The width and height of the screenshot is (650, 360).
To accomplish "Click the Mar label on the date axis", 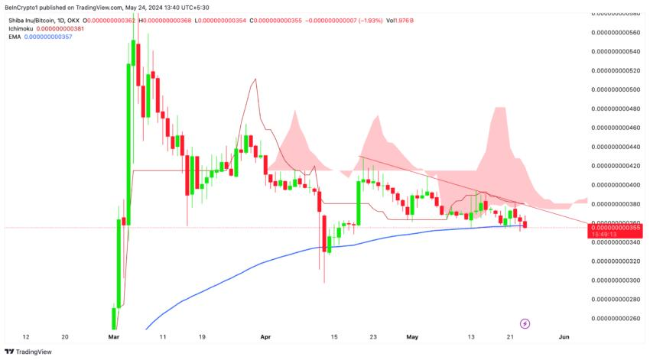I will pos(114,336).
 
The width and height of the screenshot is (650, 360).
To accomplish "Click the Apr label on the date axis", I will pos(265,336).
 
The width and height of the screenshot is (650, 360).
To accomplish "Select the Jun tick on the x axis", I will pos(564,336).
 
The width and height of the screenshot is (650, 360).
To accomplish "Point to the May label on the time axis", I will pos(413,336).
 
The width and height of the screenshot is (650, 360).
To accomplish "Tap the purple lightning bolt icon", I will pos(525,323).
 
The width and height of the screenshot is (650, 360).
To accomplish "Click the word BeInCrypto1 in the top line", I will pos(24,6).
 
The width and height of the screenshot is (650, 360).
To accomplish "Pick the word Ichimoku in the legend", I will pos(21,28).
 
